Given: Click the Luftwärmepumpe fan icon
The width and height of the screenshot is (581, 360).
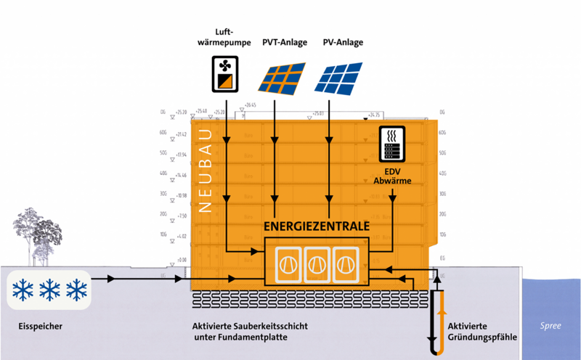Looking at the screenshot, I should (224, 73).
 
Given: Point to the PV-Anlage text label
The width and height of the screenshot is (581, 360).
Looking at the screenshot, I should (343, 43).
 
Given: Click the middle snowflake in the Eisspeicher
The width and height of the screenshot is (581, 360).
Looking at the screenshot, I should (49, 290).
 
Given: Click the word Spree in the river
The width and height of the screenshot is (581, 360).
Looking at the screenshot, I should (550, 327).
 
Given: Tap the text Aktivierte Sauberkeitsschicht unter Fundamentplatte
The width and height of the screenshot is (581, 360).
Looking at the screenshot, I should (251, 332).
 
